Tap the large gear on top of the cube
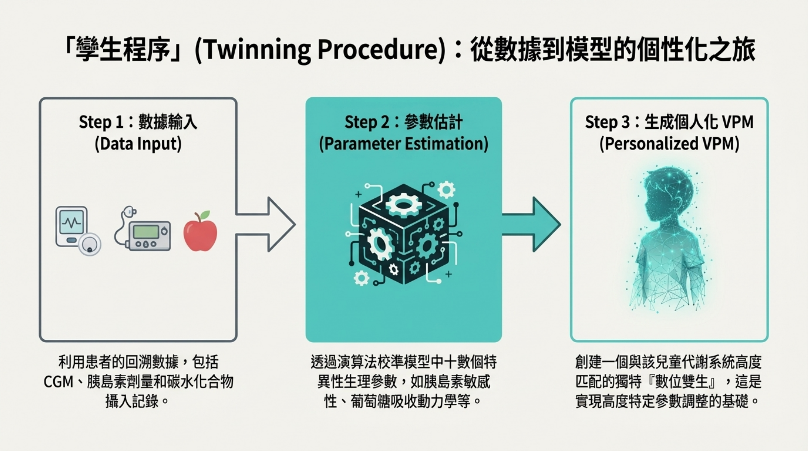(403, 205)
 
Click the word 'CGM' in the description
(58, 382)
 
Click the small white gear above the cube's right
(446, 189)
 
